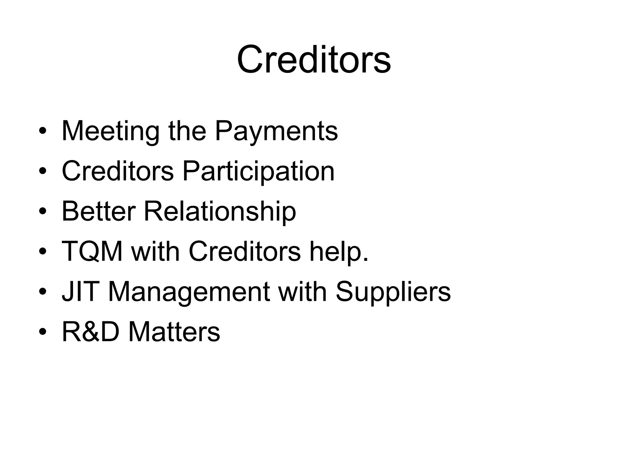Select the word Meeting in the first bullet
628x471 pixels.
pos(110,131)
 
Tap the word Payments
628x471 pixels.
pos(276,131)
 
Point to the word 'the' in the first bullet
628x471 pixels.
pos(187,131)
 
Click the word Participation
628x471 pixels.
pos(258,171)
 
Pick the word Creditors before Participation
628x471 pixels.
pos(118,171)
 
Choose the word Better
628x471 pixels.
pos(98,211)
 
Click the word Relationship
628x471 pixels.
pos(220,211)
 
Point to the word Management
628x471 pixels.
pos(189,292)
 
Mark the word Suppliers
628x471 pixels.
pos(393,292)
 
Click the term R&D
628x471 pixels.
pos(90,331)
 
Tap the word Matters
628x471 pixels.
pos(174,331)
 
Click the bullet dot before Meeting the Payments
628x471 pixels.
pos(43,132)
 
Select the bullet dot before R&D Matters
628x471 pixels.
pos(43,332)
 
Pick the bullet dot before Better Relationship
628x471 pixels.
pos(43,212)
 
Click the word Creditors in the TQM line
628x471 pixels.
pos(244,251)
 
